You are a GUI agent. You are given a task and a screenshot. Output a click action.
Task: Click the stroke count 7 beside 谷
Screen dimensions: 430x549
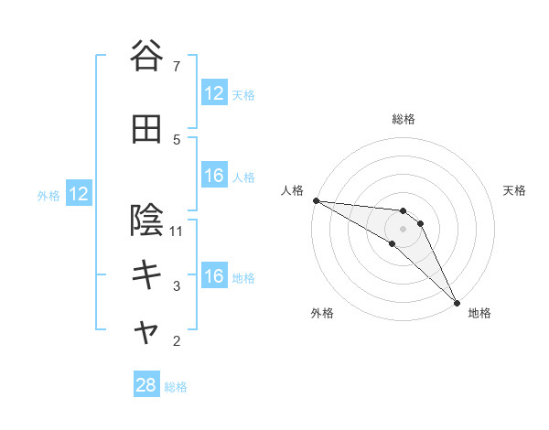pyautogui.click(x=177, y=67)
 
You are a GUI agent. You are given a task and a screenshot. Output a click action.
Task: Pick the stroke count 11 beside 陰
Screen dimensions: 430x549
pyautogui.click(x=177, y=231)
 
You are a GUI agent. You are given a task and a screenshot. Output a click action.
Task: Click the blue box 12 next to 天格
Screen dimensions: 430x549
pyautogui.click(x=214, y=93)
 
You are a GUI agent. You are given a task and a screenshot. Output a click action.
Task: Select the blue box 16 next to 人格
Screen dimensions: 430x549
pyautogui.click(x=214, y=176)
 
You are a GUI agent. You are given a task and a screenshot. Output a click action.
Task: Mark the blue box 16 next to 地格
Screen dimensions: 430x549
pyautogui.click(x=214, y=276)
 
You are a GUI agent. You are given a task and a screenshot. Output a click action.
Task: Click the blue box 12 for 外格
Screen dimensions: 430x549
pyautogui.click(x=78, y=194)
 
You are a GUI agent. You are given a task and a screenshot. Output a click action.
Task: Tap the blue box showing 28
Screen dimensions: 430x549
pyautogui.click(x=146, y=385)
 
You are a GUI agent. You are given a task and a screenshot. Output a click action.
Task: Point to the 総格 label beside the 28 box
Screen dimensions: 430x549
pyautogui.click(x=176, y=387)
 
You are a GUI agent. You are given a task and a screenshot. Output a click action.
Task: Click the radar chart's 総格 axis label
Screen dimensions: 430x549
pyautogui.click(x=404, y=119)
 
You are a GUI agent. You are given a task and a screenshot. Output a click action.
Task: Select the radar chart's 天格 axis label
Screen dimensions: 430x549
pyautogui.click(x=514, y=190)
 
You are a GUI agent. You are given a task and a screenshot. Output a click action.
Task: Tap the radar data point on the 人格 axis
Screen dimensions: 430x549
pyautogui.click(x=316, y=199)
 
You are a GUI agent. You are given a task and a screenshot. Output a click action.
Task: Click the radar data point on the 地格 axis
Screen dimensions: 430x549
pyautogui.click(x=457, y=302)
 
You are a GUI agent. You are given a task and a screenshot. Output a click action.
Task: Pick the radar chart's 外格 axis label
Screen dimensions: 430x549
pyautogui.click(x=322, y=313)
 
